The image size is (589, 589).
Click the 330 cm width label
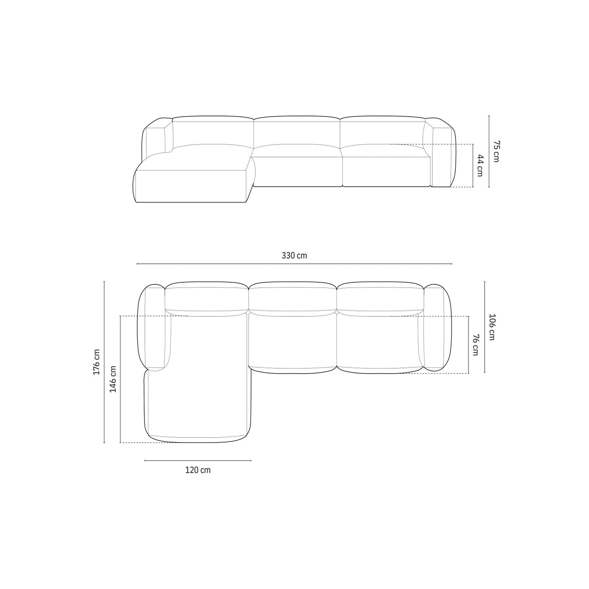click(294, 256)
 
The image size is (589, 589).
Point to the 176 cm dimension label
click(97, 362)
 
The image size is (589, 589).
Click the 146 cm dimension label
click(113, 379)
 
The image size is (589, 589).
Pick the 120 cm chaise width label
click(198, 470)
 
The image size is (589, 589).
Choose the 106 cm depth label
click(492, 327)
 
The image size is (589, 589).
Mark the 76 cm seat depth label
click(475, 345)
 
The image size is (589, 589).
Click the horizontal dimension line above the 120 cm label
click(198, 460)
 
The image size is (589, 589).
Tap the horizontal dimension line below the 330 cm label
click(294, 264)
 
